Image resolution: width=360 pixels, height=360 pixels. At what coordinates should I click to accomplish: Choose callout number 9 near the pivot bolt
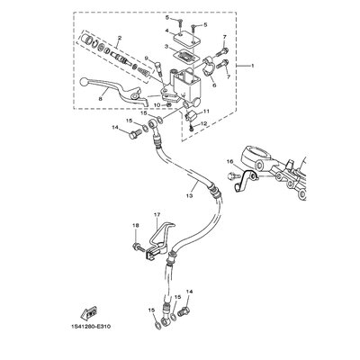point(157,61)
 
